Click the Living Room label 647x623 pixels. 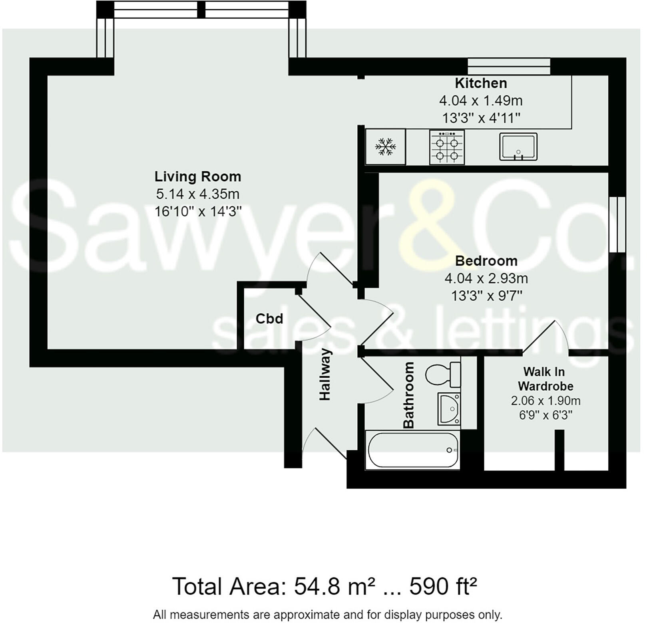[197, 177]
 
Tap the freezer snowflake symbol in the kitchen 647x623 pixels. [385, 147]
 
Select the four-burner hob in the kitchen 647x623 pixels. [447, 147]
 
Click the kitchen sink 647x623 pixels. [518, 147]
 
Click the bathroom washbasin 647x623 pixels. [449, 409]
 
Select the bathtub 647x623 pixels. [412, 450]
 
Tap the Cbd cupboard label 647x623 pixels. [269, 319]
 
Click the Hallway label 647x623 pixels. [325, 374]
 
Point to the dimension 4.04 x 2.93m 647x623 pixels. [486, 278]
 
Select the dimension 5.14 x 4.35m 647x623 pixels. [197, 194]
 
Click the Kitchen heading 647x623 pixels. [481, 83]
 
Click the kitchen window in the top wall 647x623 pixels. [509, 66]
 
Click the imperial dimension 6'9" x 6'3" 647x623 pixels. [545, 415]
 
